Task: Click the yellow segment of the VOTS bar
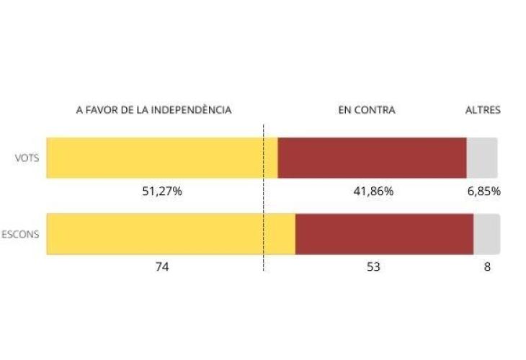coord(162,158)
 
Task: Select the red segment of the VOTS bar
coord(372,158)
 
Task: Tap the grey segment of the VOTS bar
coord(482,158)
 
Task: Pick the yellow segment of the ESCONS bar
coord(171,234)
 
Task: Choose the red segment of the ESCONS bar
coord(384,234)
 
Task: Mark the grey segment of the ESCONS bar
coord(486,234)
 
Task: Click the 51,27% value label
coord(161,192)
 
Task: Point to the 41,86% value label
coord(373,192)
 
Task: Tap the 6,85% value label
coord(483,192)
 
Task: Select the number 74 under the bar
coord(161,266)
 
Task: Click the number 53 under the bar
coord(373,266)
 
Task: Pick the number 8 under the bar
coord(488,266)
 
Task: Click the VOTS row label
coord(27,158)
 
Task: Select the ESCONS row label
coord(20,234)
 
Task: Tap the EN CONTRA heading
coord(367,110)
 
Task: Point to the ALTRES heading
coord(483,110)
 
